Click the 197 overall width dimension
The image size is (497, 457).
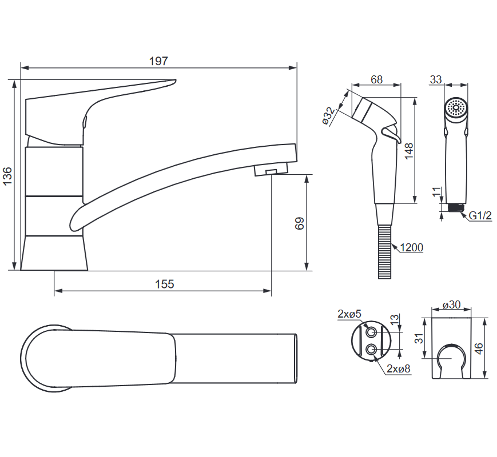pyautogui.click(x=158, y=61)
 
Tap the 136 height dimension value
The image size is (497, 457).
pyautogui.click(x=7, y=176)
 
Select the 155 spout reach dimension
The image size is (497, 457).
pyautogui.click(x=165, y=284)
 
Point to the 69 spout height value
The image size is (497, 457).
pyautogui.click(x=299, y=223)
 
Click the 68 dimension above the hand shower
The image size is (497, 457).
pyautogui.click(x=376, y=79)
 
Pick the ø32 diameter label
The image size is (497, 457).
pyautogui.click(x=328, y=115)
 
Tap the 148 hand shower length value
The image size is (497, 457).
pyautogui.click(x=409, y=151)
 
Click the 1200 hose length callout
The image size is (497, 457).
pyautogui.click(x=411, y=247)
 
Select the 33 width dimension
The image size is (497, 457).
pyautogui.click(x=436, y=79)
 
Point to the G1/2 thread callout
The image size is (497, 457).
pyautogui.click(x=480, y=215)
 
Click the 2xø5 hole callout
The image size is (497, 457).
pyautogui.click(x=349, y=314)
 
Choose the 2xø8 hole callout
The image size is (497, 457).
pyautogui.click(x=399, y=368)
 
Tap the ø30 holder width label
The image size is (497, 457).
pyautogui.click(x=452, y=304)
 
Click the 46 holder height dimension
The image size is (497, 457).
pyautogui.click(x=479, y=348)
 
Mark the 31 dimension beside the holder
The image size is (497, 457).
pyautogui.click(x=419, y=338)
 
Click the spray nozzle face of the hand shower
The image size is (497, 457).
pyautogui.click(x=456, y=107)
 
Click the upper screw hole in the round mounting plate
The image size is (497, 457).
pyautogui.click(x=371, y=332)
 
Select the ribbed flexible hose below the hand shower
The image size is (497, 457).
pyautogui.click(x=384, y=252)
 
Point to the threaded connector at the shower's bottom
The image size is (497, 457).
pyautogui.click(x=456, y=207)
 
